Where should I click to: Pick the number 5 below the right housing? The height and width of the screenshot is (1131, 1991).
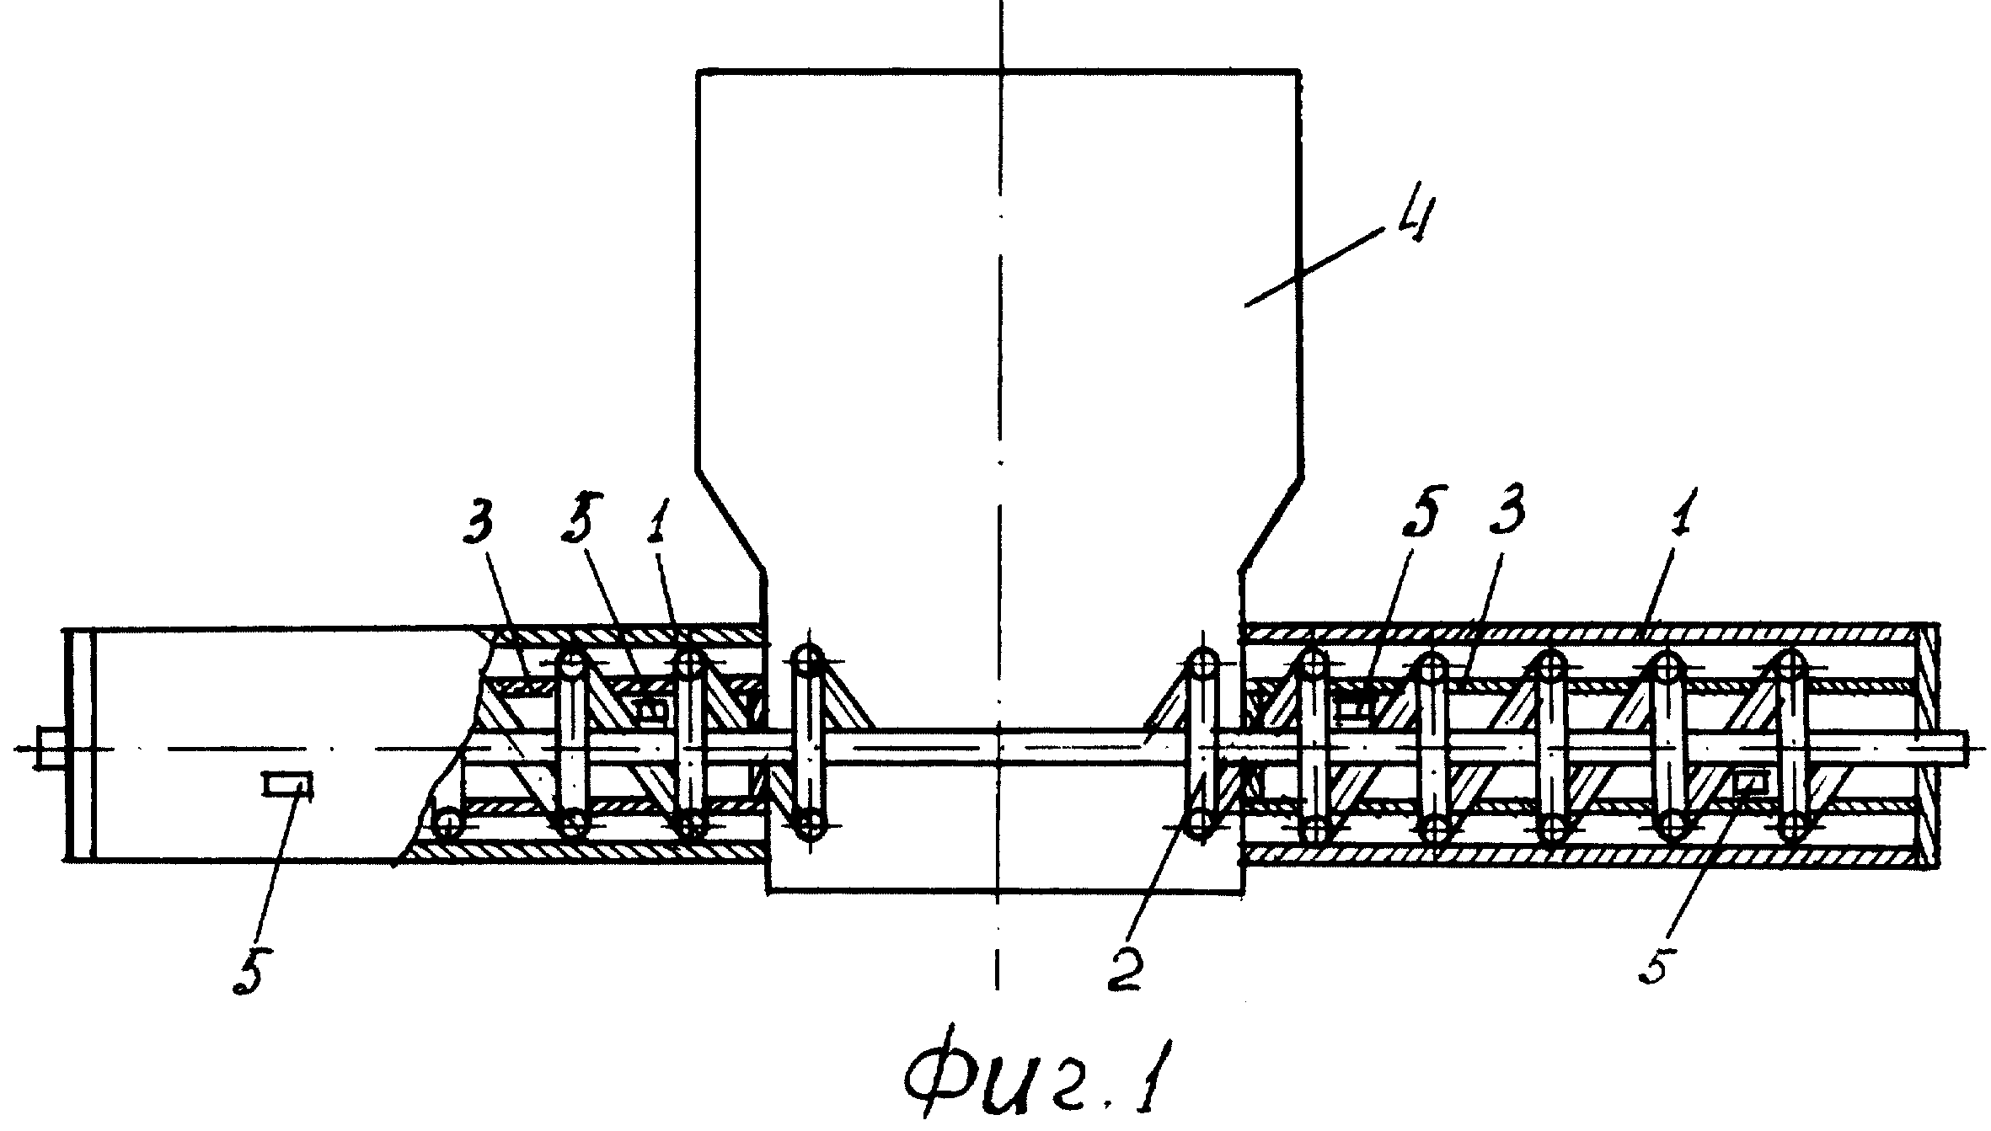tap(1652, 958)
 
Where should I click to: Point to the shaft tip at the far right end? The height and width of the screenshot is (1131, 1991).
tap(1968, 746)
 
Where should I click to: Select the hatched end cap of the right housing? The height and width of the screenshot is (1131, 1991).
tap(1926, 746)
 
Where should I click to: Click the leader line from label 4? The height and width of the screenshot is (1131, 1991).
tap(1312, 272)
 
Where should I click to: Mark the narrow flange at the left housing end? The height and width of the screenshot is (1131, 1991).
tap(79, 744)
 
